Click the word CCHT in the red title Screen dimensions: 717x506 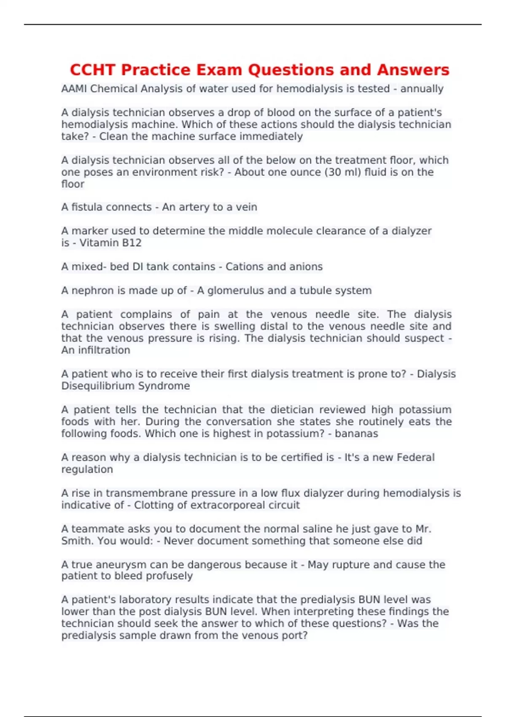[x=94, y=70]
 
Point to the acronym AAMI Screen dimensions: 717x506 [x=74, y=89]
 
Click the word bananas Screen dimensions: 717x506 [x=356, y=434]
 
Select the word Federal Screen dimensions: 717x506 [x=416, y=458]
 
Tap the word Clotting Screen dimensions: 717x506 [x=152, y=505]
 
